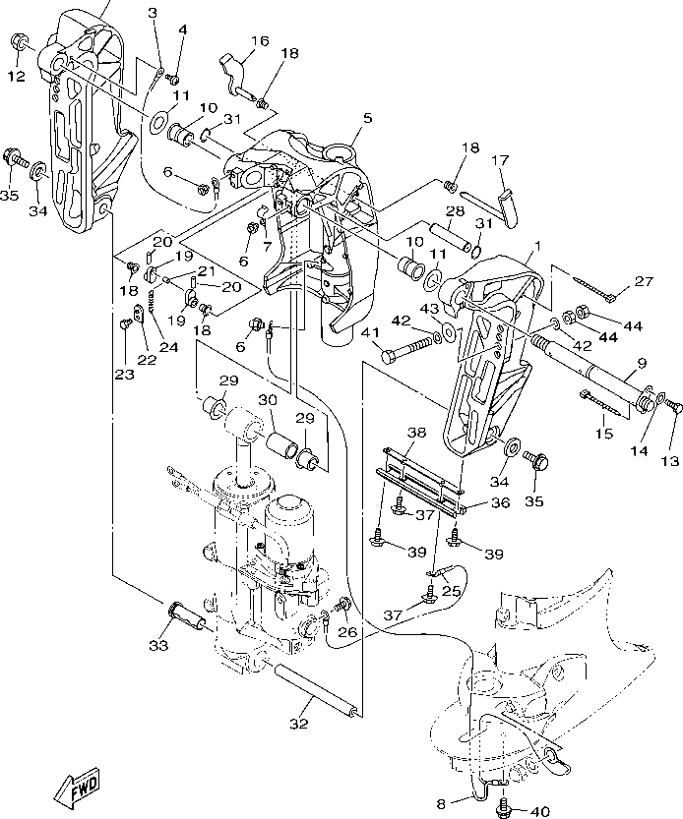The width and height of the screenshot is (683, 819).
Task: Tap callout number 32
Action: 298,725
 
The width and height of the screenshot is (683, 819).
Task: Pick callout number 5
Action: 367,118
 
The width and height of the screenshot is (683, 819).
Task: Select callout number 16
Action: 259,41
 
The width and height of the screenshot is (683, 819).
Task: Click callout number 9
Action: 642,363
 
